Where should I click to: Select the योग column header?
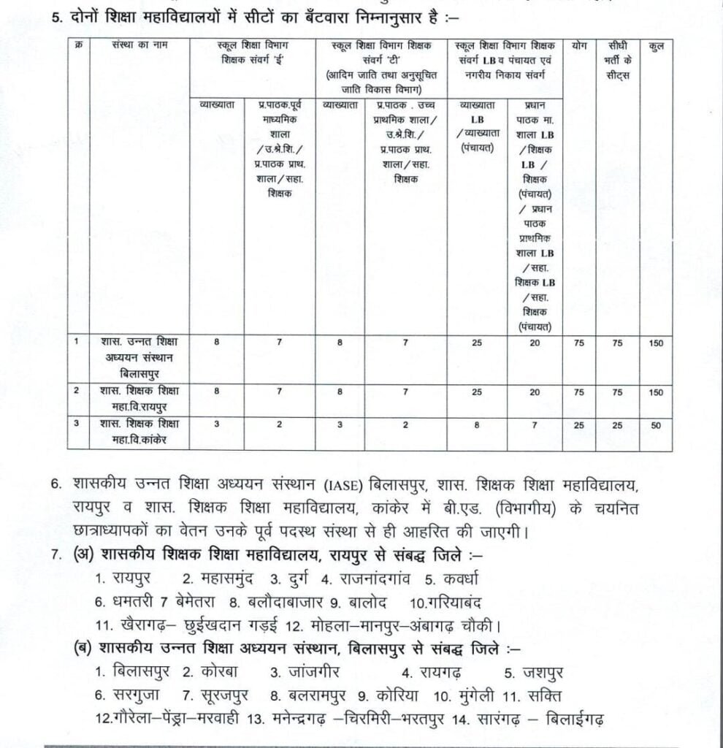point(579,46)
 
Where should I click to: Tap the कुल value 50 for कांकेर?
point(656,424)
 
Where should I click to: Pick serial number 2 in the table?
point(77,392)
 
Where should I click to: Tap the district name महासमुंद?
point(218,579)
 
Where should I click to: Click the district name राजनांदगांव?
point(372,579)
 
